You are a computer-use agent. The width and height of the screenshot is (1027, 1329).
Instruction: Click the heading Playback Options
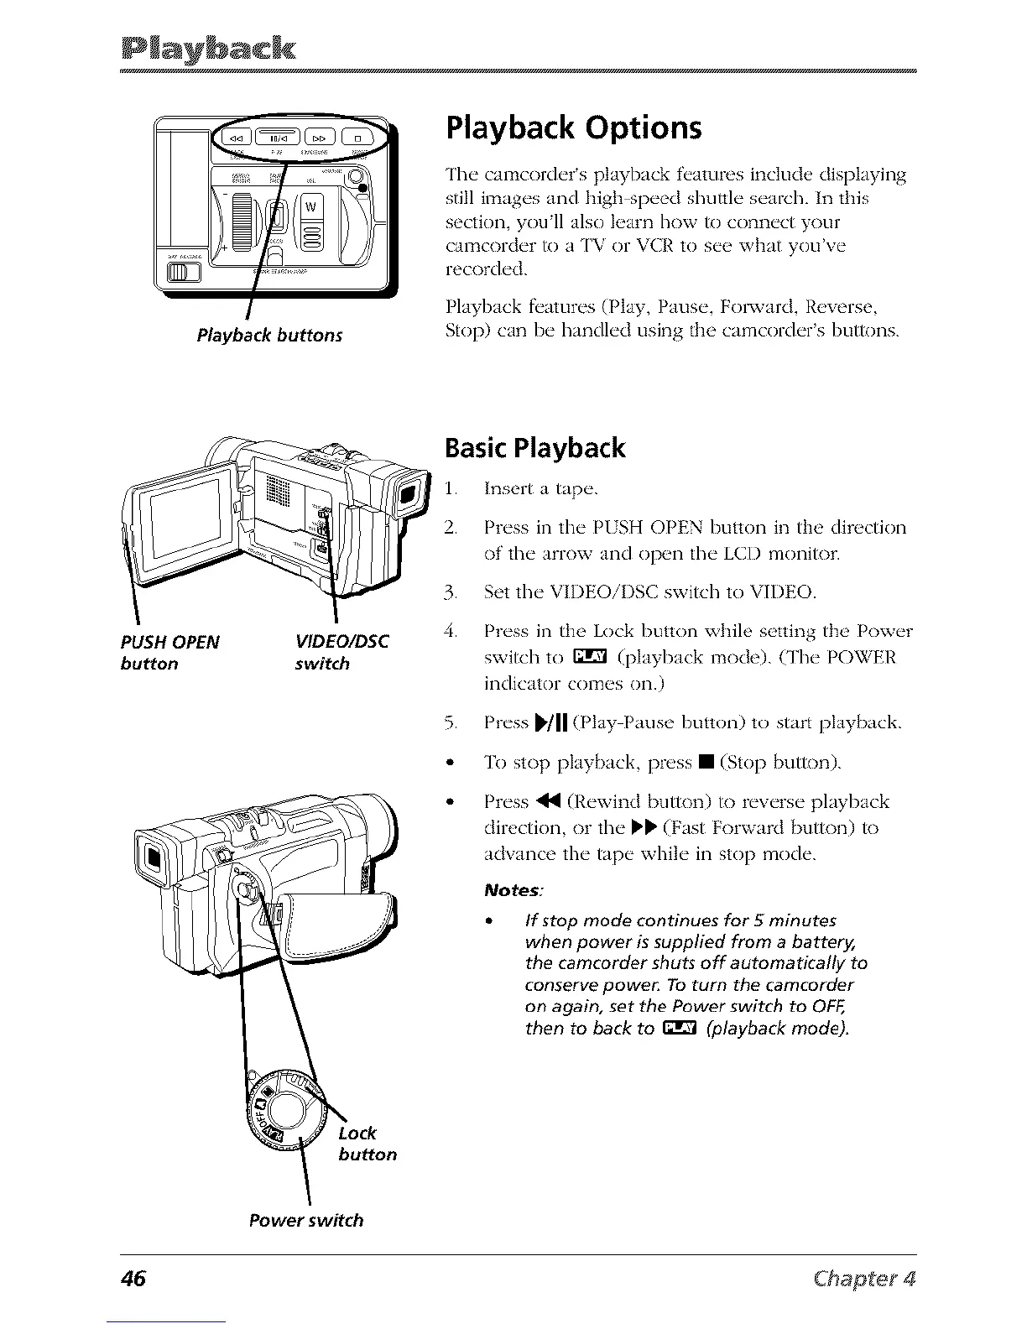tap(574, 128)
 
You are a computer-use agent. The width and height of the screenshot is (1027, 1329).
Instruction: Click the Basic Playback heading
tap(535, 448)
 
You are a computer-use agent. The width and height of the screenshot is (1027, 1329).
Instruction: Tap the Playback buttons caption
tap(269, 336)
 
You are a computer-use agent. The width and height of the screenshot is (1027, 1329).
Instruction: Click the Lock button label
tap(367, 1144)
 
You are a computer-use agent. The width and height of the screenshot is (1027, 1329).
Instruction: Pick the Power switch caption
tap(306, 1220)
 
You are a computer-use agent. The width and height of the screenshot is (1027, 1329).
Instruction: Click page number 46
tap(133, 1279)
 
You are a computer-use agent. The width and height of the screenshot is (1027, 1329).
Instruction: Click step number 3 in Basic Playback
tap(451, 594)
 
